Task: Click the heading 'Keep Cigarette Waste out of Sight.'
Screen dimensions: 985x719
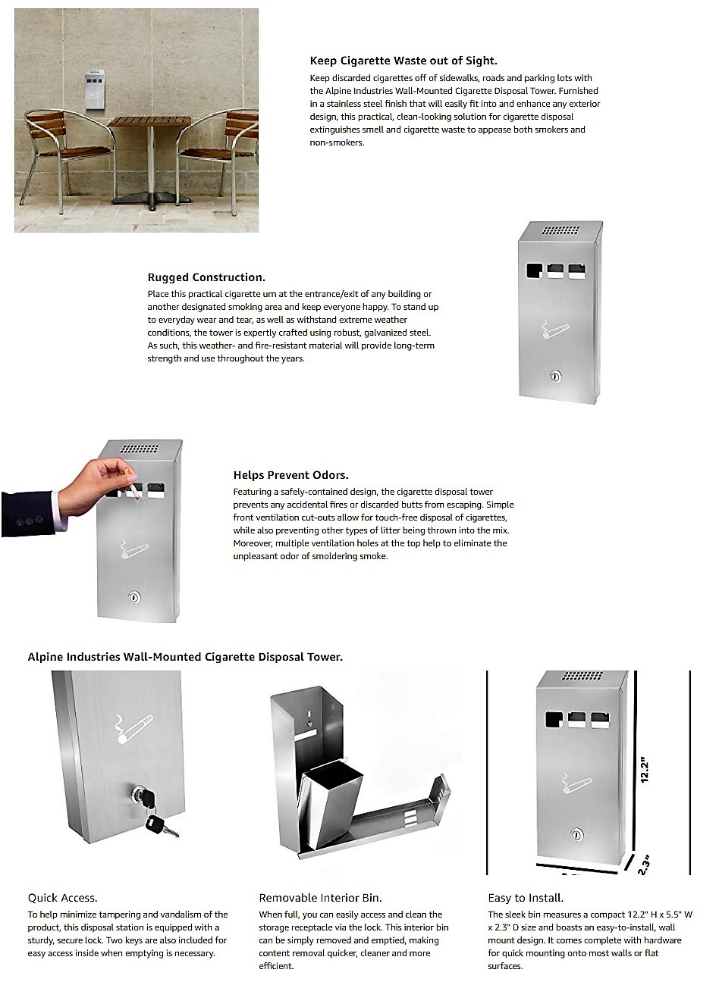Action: tap(403, 61)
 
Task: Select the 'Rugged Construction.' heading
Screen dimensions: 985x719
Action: tap(206, 277)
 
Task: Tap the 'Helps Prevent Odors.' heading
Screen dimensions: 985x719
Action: tap(290, 475)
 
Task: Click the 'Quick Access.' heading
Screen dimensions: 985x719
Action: tap(62, 898)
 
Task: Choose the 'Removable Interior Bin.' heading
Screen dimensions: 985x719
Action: tap(320, 898)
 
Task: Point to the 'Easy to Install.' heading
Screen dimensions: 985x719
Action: tap(525, 898)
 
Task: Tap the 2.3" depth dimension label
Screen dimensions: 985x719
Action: tap(644, 865)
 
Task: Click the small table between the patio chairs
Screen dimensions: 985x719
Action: tap(149, 159)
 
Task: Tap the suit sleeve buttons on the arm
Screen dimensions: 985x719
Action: tap(28, 521)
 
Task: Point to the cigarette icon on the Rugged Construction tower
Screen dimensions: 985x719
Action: tap(555, 330)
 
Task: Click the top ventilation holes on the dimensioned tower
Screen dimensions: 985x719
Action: tap(582, 676)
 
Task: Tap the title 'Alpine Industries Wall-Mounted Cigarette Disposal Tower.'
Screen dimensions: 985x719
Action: tap(185, 657)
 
